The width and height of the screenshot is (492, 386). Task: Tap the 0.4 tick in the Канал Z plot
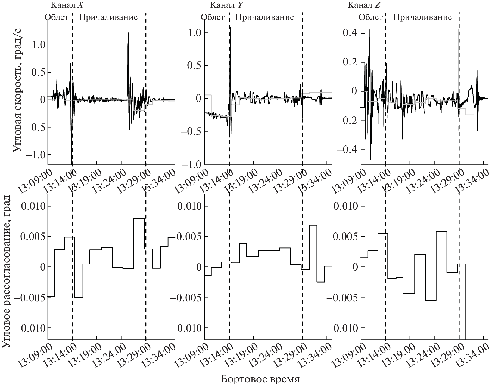(x=350, y=34)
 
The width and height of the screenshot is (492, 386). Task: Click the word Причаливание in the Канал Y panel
(x=264, y=17)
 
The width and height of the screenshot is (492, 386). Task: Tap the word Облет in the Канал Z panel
(x=371, y=17)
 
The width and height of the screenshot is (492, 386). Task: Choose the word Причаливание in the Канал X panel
(x=108, y=17)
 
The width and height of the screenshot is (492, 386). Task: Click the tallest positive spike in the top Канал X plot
(x=128, y=33)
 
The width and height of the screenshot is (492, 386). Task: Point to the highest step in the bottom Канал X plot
(x=139, y=218)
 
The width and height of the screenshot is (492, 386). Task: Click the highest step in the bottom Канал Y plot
(x=313, y=225)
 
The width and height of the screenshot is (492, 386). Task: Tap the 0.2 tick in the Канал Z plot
(x=350, y=62)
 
